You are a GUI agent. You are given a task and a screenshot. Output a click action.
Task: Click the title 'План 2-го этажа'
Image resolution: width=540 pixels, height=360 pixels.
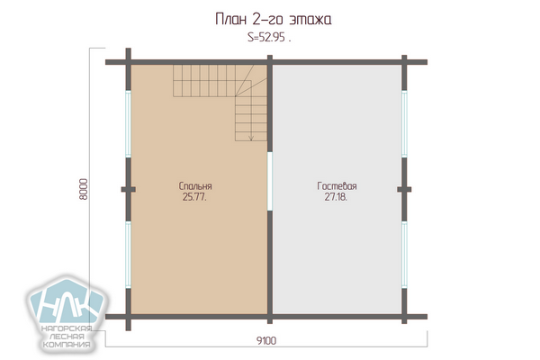pos(273,20)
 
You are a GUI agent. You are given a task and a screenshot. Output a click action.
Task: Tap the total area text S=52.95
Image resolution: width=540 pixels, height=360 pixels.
pos(269,37)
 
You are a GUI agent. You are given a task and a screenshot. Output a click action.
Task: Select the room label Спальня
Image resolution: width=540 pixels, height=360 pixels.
pos(195,186)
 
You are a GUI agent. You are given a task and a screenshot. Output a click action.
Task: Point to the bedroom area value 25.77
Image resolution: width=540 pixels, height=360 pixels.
pos(194,197)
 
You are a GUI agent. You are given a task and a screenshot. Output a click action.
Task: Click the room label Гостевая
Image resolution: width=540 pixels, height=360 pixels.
pos(337,186)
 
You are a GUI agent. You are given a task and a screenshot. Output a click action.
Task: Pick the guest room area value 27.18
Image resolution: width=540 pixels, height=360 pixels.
pos(336,197)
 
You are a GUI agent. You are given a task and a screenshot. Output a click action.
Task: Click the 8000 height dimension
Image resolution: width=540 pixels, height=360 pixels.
pos(84,189)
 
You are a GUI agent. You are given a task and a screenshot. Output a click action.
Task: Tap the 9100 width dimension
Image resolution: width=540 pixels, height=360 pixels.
pos(266,341)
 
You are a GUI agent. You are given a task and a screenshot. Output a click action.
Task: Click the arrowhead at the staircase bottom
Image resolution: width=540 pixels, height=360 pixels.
pos(251,138)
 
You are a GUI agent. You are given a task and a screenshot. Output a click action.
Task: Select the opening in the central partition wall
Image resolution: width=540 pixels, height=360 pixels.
pos(270,181)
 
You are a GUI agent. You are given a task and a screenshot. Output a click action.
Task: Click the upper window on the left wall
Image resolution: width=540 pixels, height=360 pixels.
pos(128,124)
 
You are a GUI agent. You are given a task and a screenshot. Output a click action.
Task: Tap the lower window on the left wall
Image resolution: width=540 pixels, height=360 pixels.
pos(128,255)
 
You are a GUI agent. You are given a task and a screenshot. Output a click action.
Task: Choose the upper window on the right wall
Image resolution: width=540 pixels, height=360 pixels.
pos(404,124)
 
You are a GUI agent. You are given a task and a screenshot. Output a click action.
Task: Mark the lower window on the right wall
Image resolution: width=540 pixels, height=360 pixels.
pos(404,255)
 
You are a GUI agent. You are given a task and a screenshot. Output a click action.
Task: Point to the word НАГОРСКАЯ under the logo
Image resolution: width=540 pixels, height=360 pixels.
pos(67,328)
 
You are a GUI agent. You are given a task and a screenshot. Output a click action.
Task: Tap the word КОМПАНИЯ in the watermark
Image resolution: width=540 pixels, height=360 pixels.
pos(67,345)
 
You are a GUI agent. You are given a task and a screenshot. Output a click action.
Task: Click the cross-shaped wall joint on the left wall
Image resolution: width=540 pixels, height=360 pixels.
pos(128,189)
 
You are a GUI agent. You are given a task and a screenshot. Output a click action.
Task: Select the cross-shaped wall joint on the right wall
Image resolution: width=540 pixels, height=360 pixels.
pos(404,189)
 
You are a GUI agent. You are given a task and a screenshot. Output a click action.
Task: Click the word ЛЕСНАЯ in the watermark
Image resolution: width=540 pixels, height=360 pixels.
pos(67,337)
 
